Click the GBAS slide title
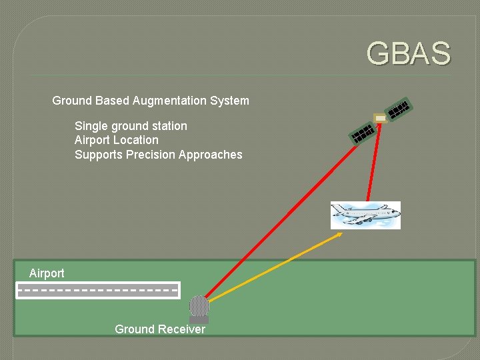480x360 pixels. tap(408, 54)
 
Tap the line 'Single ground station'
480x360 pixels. tap(131, 126)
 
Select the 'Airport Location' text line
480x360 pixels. tap(117, 140)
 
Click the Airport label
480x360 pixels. tap(47, 273)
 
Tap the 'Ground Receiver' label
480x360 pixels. tap(160, 329)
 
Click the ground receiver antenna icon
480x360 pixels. tap(199, 308)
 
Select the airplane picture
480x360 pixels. tap(365, 215)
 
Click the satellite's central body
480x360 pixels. tap(380, 119)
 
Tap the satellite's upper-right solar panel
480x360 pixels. tap(399, 109)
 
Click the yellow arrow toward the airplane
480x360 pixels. tap(273, 266)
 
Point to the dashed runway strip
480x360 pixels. tap(97, 290)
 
